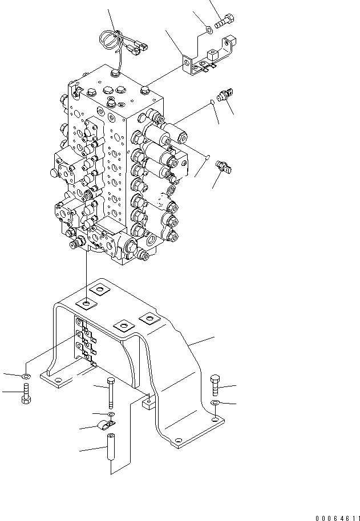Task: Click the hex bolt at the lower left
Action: (x=26, y=394)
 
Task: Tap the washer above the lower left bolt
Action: (x=26, y=377)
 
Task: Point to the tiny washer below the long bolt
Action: (x=111, y=413)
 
